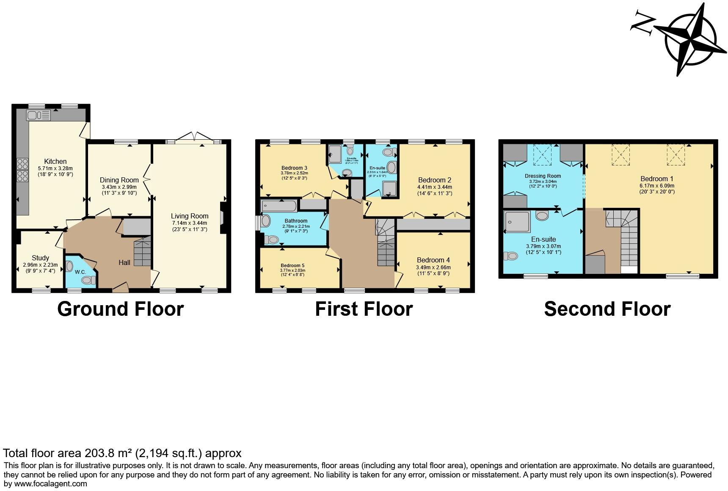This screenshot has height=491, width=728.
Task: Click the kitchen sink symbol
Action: coord(38,115)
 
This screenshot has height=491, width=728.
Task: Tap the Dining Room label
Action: coord(119,180)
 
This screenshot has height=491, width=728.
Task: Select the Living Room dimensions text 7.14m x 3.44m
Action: coord(190,223)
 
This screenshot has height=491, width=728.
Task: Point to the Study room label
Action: coord(41,258)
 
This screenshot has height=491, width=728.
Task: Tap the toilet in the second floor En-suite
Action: coord(510,256)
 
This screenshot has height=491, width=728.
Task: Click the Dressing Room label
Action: coord(543,176)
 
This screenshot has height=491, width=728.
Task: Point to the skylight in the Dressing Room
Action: coord(543,154)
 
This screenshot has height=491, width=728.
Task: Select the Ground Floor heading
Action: coord(121,309)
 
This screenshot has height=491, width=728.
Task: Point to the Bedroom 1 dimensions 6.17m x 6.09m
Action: coord(657,185)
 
